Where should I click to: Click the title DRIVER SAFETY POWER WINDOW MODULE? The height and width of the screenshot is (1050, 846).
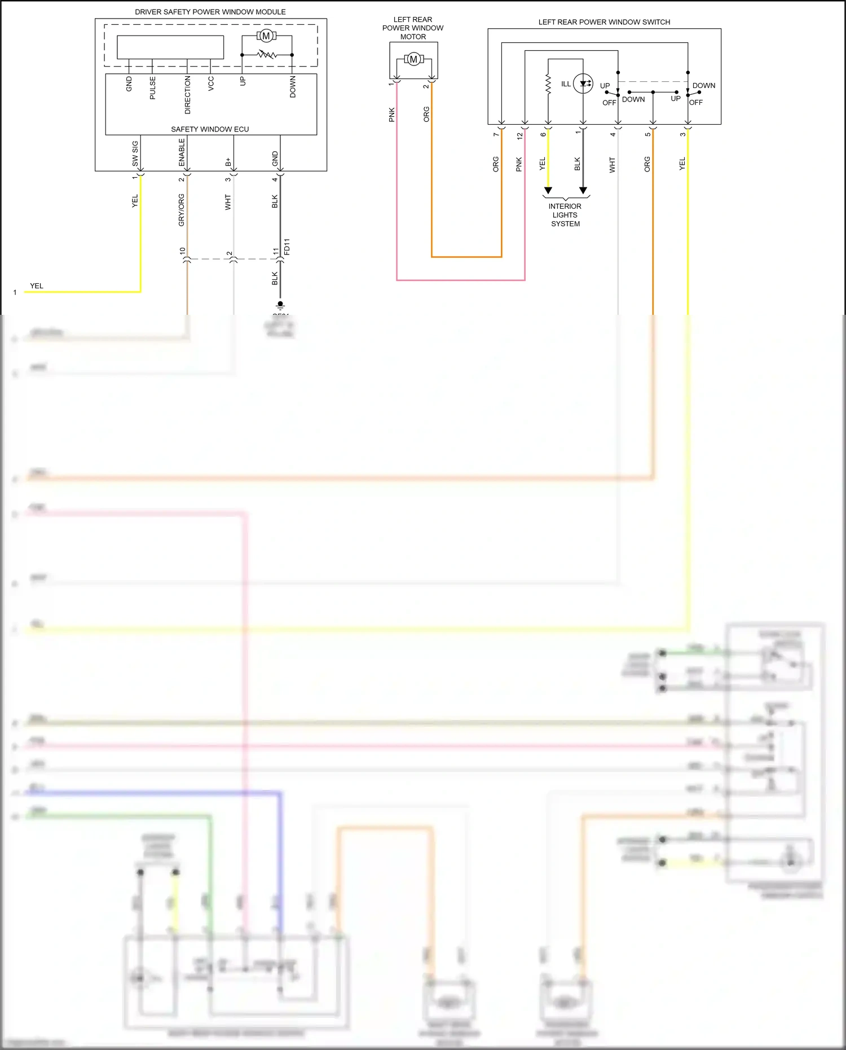coord(210,12)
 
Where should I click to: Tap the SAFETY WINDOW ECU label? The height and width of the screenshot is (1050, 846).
coord(210,129)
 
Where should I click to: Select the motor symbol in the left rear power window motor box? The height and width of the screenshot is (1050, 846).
coord(413,59)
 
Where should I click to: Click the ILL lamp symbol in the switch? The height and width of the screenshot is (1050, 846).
coord(583,84)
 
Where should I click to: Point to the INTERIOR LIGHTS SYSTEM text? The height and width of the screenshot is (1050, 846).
coord(565,215)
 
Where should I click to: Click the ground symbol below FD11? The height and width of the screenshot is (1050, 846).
coord(280,305)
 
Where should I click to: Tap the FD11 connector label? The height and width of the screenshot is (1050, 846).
coord(287,247)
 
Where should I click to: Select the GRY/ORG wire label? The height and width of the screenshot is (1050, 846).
coord(182,210)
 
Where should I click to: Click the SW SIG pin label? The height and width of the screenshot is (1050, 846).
coord(135,153)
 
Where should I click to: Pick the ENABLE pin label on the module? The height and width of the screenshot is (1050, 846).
coord(182,152)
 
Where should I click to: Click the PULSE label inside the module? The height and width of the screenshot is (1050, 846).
coord(153,89)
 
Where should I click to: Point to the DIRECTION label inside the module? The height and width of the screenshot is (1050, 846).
coord(188,95)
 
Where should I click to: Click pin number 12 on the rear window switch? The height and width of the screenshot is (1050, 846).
coord(519,135)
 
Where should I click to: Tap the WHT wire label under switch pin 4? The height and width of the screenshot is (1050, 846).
coord(613,165)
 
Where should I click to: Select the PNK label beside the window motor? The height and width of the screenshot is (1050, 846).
coord(392,115)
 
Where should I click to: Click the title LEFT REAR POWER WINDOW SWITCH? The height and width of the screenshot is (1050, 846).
coord(604,22)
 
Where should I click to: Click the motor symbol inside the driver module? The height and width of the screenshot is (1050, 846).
coord(266,36)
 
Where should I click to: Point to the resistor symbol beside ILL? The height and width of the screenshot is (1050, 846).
coord(548,84)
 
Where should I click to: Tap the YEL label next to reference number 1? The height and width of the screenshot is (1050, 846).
coord(37,286)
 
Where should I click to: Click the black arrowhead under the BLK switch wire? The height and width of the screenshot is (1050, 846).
coord(583,191)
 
